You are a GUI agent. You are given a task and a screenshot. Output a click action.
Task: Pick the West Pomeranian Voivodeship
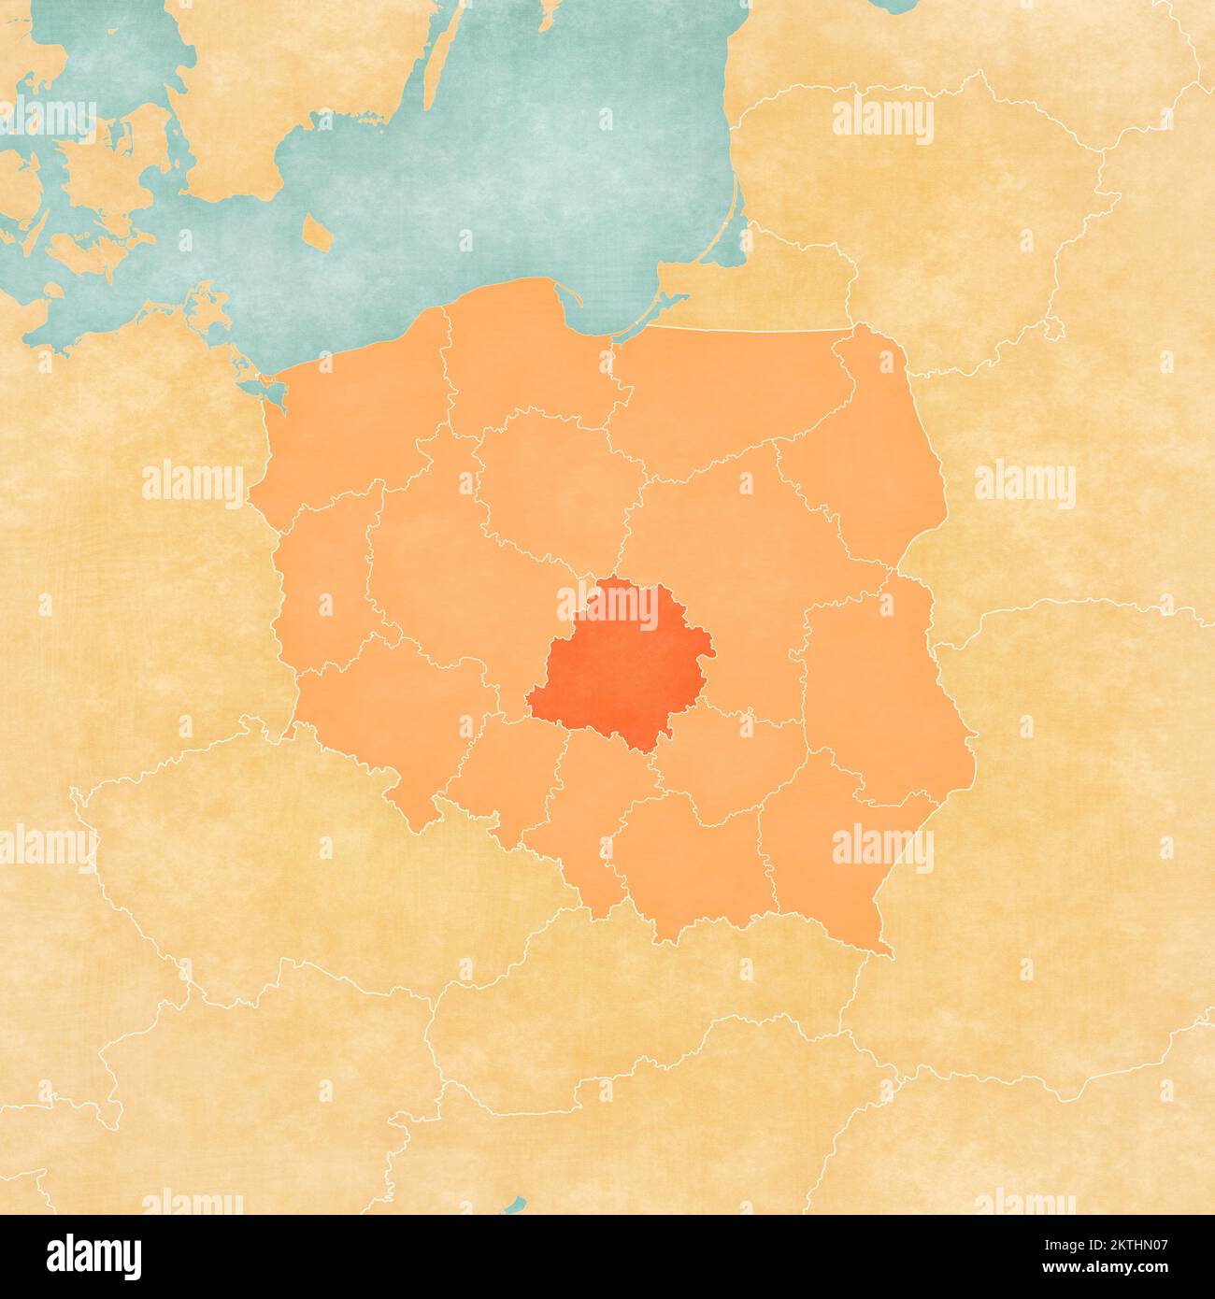(346, 421)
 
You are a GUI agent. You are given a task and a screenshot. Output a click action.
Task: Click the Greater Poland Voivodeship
(439, 561)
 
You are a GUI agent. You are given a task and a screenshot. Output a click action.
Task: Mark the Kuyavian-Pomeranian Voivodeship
(551, 486)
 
